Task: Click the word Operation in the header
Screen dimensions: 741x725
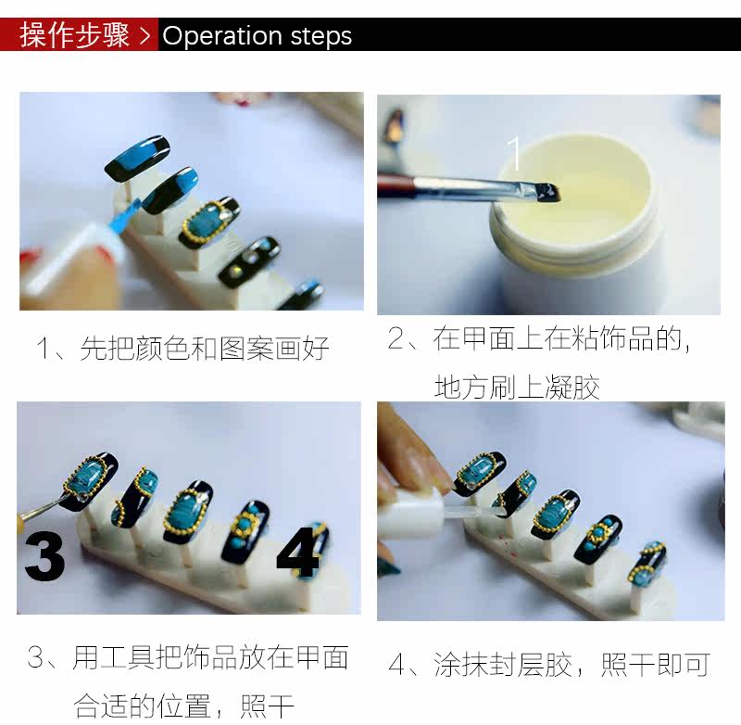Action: (222, 36)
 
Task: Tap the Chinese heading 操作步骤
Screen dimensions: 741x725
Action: (74, 35)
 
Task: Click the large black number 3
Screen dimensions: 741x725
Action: (44, 556)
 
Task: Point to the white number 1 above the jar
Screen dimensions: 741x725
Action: (514, 152)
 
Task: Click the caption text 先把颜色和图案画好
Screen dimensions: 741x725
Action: (205, 348)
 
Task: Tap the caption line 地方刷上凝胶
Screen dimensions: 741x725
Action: (517, 388)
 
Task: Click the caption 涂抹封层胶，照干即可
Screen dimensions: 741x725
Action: (571, 665)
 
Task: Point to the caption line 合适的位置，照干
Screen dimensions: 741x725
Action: (183, 706)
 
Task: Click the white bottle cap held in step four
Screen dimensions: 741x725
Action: (410, 512)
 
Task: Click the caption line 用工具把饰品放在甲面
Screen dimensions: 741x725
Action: (211, 657)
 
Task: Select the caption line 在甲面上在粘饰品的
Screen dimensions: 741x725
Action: (558, 338)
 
